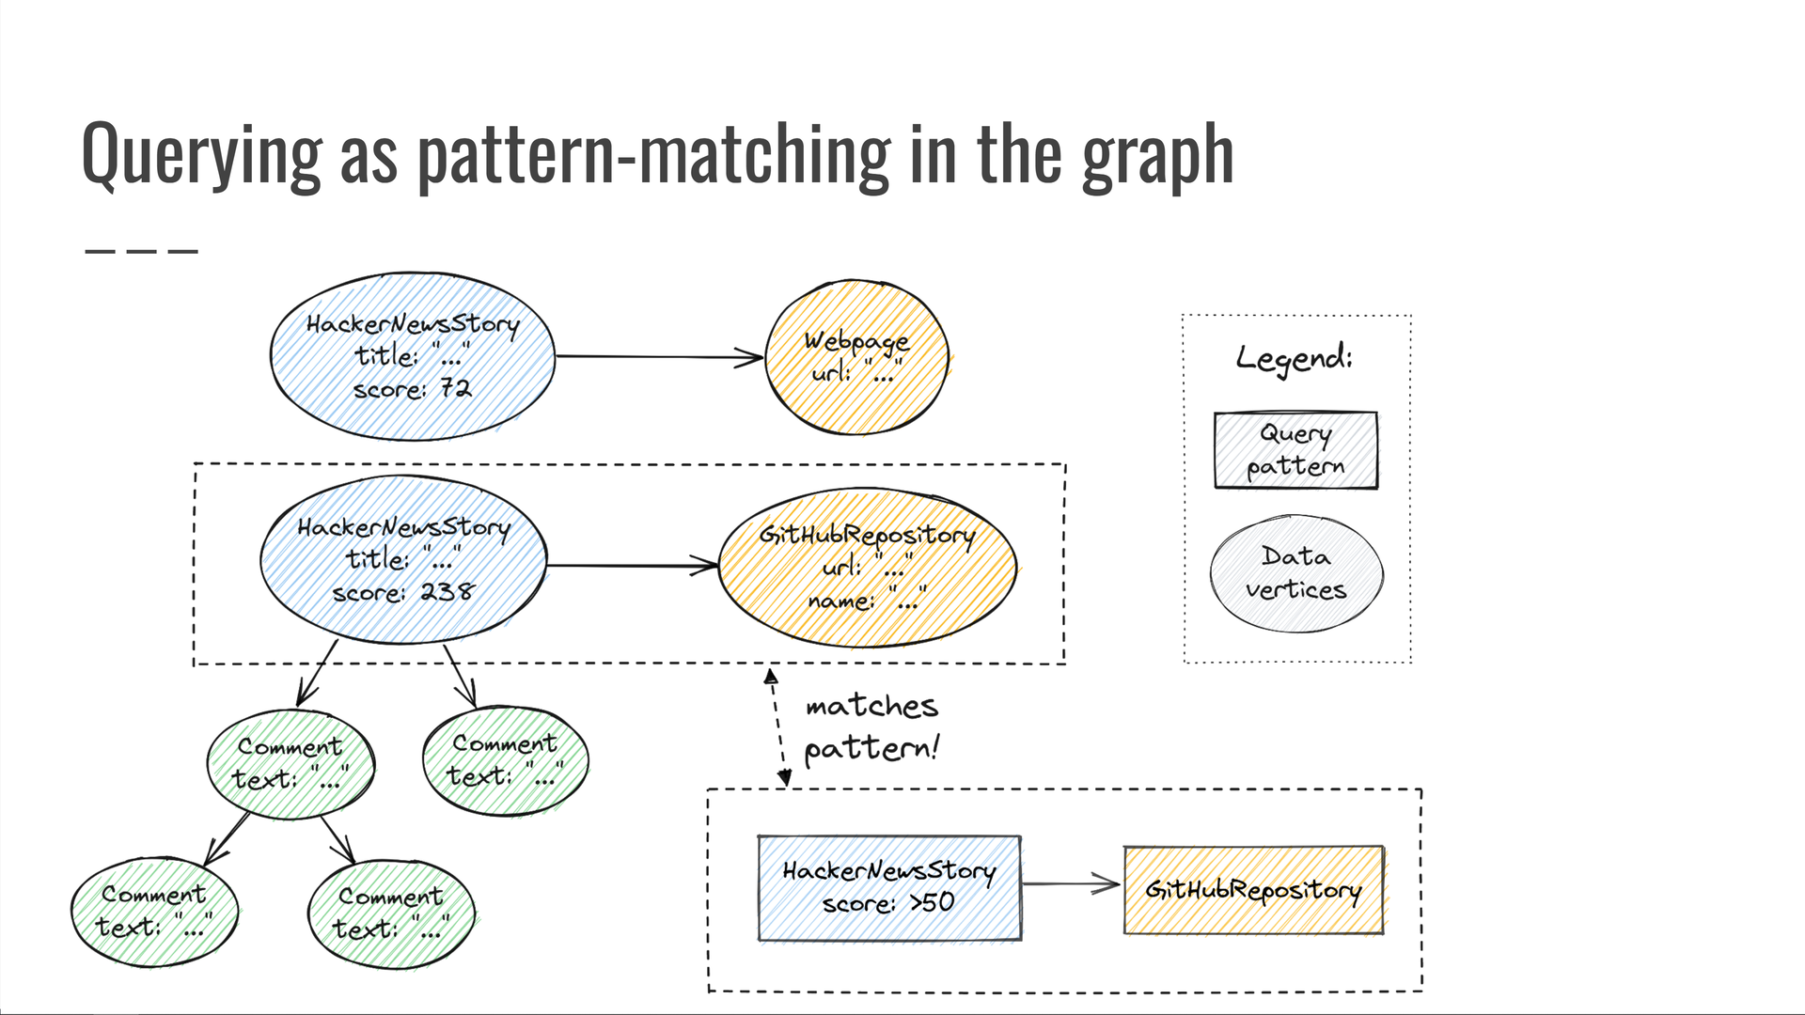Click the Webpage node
[856, 357]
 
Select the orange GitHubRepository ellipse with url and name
[867, 567]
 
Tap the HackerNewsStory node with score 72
[412, 357]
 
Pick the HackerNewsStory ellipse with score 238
[403, 560]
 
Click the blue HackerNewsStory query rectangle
[888, 887]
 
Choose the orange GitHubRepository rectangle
[1253, 889]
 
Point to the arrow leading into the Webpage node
[658, 357]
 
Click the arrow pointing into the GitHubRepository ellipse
[632, 566]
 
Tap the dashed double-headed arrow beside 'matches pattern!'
[777, 727]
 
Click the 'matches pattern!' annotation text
[871, 726]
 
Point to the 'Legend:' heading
[1295, 358]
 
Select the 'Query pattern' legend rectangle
[1295, 450]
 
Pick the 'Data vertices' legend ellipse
[1295, 573]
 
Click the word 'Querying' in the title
[201, 156]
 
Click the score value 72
[456, 388]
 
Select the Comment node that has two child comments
[290, 763]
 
